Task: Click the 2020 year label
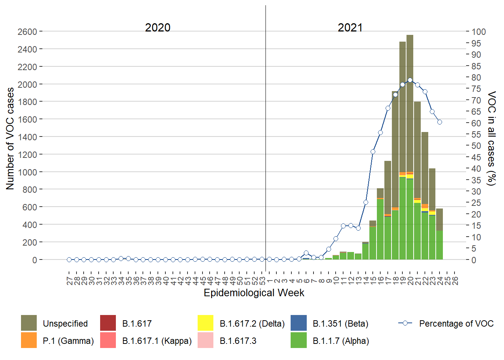click(x=157, y=27)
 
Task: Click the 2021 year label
click(x=350, y=27)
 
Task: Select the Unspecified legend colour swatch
click(x=29, y=323)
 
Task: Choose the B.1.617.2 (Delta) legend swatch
click(x=205, y=323)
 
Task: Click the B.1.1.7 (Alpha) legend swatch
click(x=298, y=340)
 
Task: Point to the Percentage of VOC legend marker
click(x=405, y=323)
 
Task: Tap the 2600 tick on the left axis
click(x=27, y=31)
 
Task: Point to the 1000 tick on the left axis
click(x=27, y=172)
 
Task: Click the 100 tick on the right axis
click(x=478, y=32)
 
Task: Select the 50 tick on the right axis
click(x=476, y=146)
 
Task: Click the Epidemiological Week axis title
click(x=254, y=293)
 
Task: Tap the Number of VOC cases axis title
click(x=10, y=139)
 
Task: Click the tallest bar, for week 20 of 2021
click(x=410, y=150)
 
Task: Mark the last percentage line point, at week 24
click(x=439, y=122)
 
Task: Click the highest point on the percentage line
click(x=410, y=80)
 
